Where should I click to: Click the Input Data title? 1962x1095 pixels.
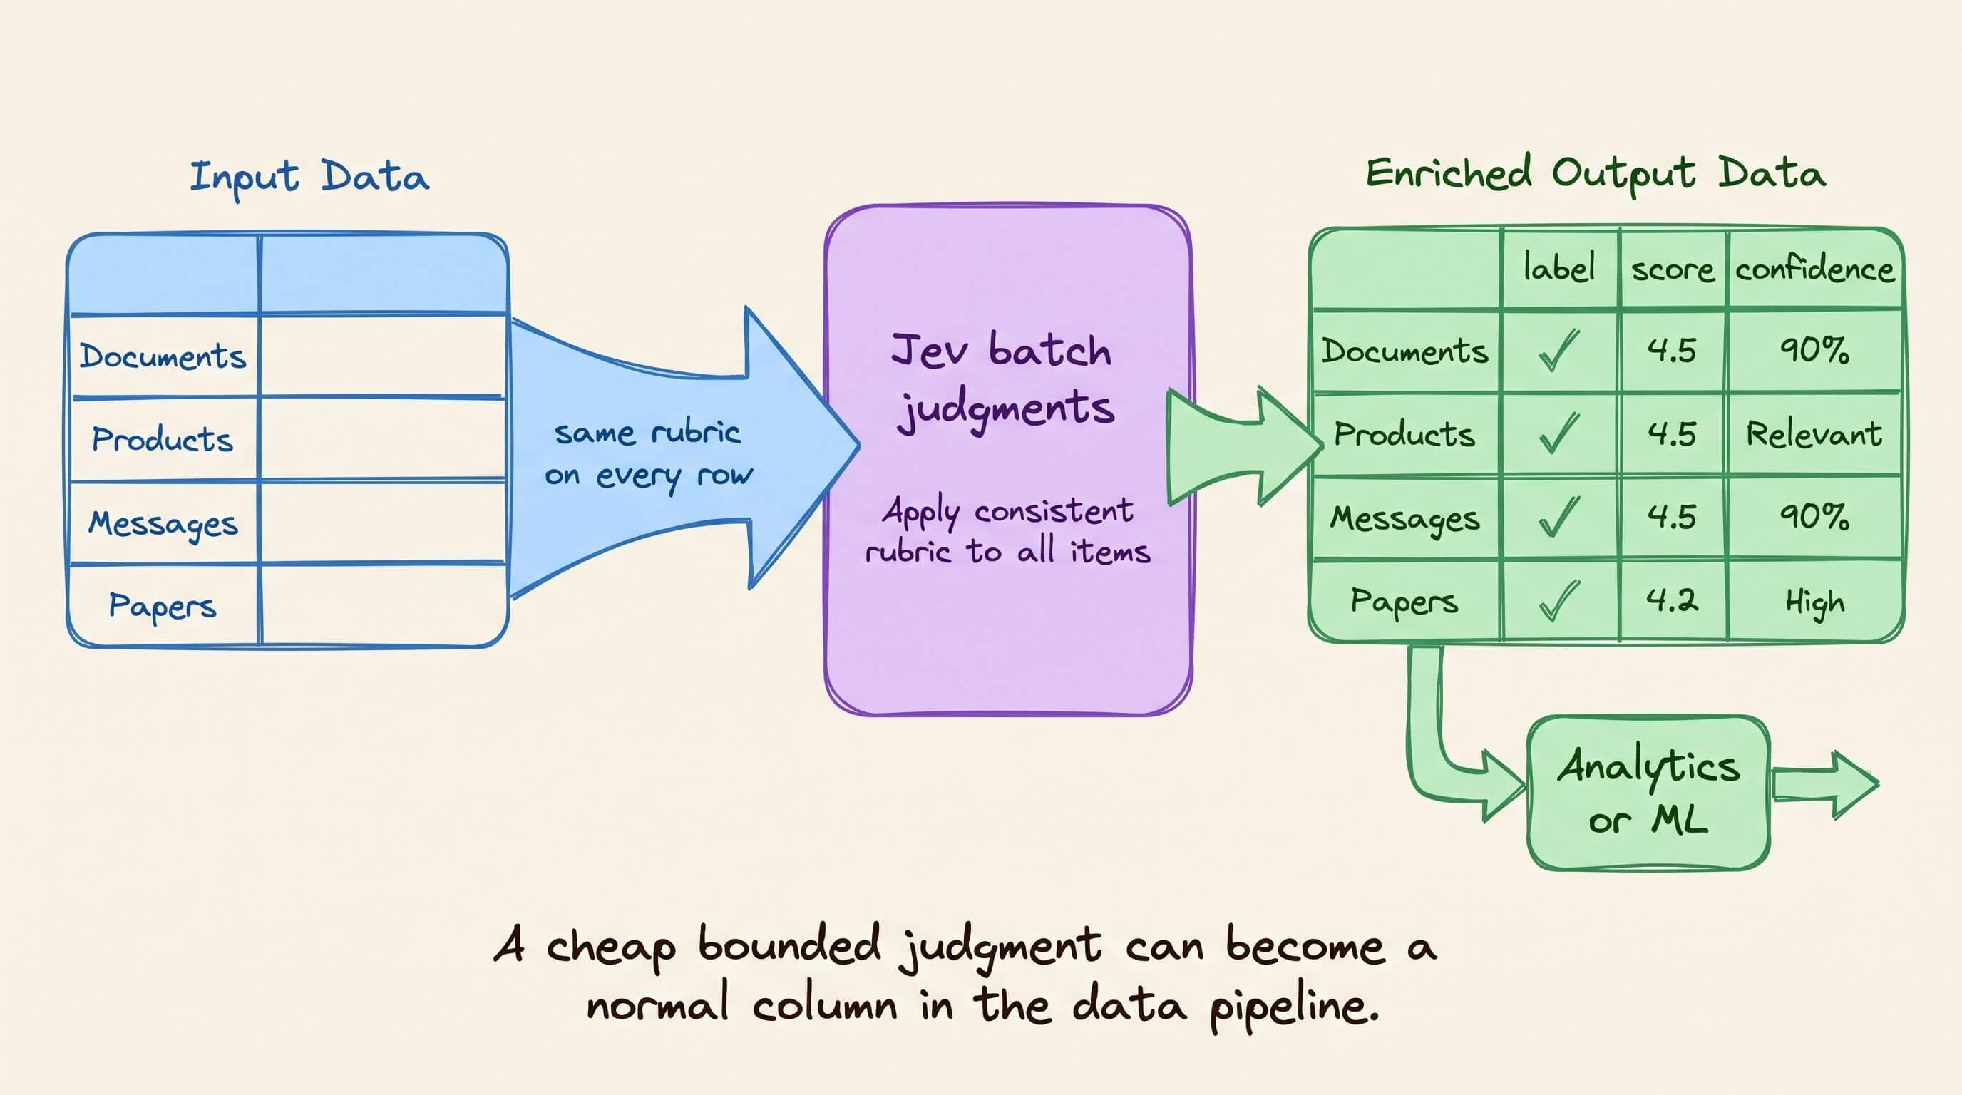309,178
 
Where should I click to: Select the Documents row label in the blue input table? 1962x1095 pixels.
163,356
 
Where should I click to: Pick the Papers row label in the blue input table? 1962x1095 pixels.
163,606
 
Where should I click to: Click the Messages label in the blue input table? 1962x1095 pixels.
163,524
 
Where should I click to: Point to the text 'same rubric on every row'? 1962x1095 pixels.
649,455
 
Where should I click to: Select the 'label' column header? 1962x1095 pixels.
1559,268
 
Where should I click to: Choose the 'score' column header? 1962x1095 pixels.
1673,270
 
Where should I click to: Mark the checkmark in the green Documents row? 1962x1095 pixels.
1559,350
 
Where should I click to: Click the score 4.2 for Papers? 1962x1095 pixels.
1672,601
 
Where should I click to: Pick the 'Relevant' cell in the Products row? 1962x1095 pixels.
1814,434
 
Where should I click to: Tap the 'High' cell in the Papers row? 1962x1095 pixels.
1815,603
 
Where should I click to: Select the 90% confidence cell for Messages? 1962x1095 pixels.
1814,517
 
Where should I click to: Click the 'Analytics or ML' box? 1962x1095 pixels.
1648,793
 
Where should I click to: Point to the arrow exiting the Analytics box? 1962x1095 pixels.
1826,785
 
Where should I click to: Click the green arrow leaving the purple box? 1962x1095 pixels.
1245,446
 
